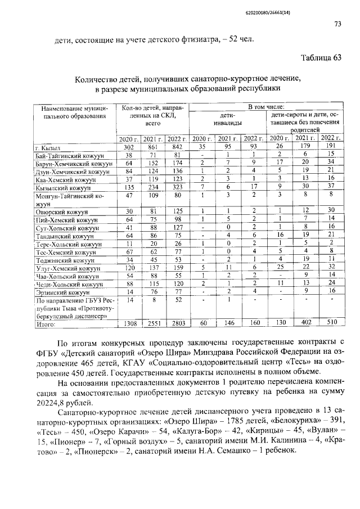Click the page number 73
pyautogui.click(x=337, y=24)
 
